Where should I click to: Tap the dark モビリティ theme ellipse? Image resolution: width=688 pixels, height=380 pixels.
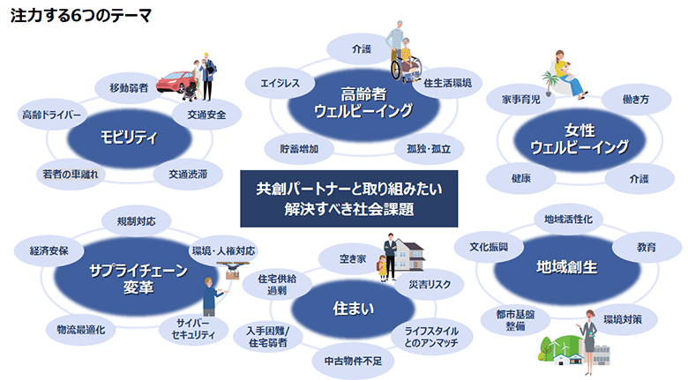point(128,137)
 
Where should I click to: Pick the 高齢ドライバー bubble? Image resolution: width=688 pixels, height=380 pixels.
point(51,115)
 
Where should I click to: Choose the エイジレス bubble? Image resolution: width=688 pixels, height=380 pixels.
point(280,84)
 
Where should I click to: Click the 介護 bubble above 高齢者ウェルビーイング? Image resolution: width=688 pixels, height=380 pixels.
point(362,48)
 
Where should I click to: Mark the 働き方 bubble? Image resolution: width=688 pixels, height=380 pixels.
point(635,100)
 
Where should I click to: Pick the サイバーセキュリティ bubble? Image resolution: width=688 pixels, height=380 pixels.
point(186,330)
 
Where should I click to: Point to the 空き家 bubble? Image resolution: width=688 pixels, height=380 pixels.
point(352,259)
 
